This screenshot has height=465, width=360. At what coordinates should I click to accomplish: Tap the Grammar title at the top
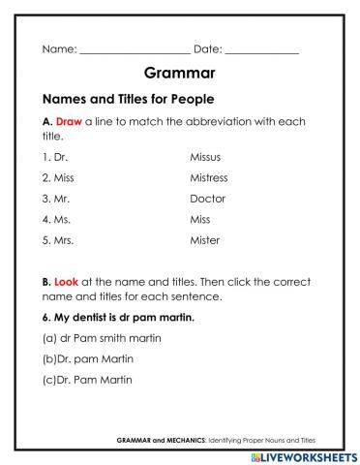[179, 74]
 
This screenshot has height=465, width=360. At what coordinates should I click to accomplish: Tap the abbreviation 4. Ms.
[56, 219]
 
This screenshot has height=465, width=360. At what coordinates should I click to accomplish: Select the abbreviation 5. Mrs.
[58, 240]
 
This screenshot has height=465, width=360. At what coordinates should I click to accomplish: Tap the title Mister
[205, 240]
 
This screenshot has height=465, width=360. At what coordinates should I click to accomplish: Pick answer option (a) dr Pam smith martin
[101, 337]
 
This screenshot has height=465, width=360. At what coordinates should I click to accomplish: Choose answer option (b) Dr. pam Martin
[89, 358]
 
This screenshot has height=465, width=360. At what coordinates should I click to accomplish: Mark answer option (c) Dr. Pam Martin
[89, 380]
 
